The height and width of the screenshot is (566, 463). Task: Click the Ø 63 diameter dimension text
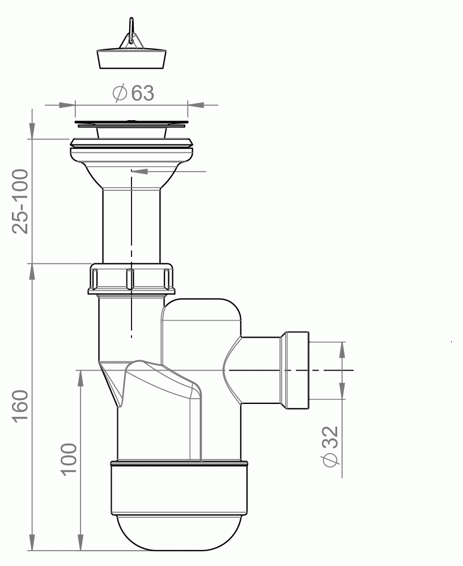133,93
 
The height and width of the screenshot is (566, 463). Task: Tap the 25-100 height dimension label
20,202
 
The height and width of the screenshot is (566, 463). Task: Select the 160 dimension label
20,405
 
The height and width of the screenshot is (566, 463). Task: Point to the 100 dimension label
69,459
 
